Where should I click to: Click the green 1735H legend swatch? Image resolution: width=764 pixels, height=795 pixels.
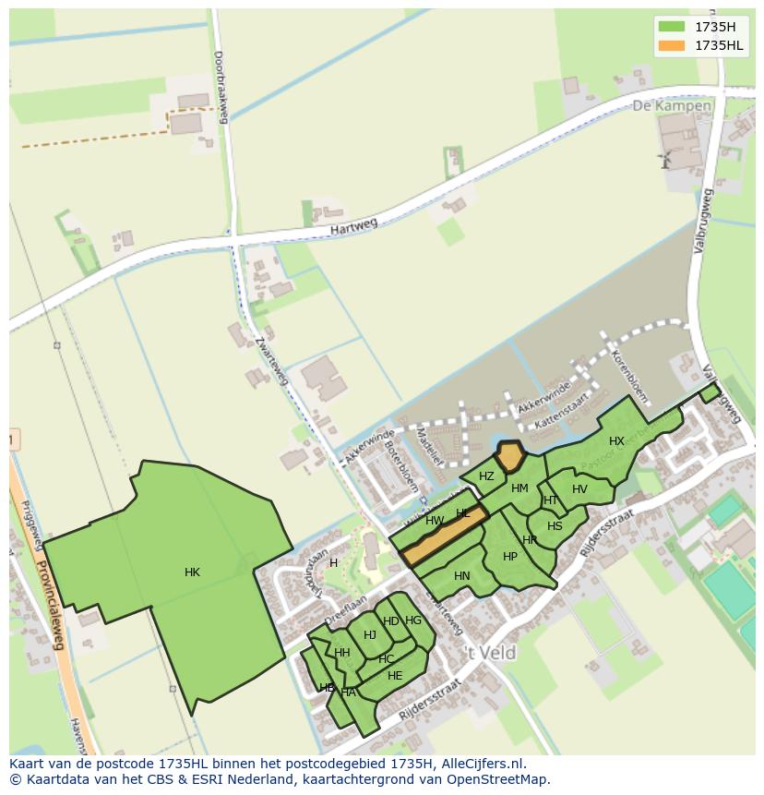click(x=671, y=26)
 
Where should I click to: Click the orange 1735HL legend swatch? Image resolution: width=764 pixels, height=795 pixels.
click(x=671, y=45)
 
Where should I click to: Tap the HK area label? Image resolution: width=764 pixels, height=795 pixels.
click(x=192, y=572)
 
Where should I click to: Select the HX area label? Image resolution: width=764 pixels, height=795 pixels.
click(x=616, y=441)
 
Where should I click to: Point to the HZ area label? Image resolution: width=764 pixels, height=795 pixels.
click(x=486, y=476)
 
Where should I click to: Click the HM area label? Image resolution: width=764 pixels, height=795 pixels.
click(x=519, y=488)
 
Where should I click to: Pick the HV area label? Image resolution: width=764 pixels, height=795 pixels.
click(x=579, y=489)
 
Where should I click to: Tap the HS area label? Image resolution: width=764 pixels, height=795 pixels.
click(x=555, y=526)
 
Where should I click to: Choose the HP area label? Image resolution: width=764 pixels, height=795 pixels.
click(x=510, y=557)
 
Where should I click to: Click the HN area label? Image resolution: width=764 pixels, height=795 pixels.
click(x=462, y=576)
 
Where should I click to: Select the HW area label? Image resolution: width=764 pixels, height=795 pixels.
click(x=435, y=521)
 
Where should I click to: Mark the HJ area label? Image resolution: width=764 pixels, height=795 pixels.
click(x=370, y=634)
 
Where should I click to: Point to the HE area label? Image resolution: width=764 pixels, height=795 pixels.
click(x=395, y=675)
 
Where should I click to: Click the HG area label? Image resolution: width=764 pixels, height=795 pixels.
click(x=413, y=620)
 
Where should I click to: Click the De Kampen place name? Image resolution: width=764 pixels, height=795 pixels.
click(x=672, y=106)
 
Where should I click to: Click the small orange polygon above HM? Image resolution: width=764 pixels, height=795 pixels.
click(x=508, y=457)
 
